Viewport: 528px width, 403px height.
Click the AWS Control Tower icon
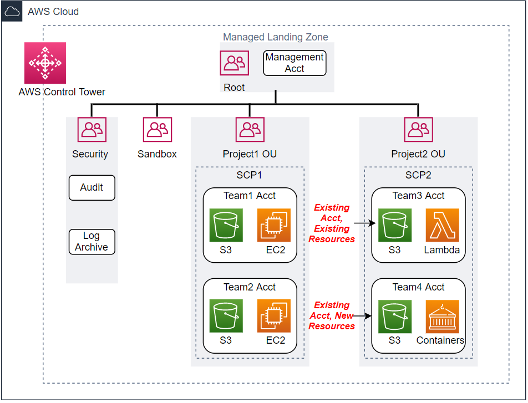pos(45,63)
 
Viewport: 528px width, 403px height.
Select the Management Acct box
pos(295,63)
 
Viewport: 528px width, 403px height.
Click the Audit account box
pos(92,187)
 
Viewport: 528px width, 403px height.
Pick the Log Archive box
pos(92,242)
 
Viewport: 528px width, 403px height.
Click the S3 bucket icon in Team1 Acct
pos(226,225)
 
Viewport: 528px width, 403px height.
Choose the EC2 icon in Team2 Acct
pos(274,316)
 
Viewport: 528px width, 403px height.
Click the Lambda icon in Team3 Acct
pos(442,225)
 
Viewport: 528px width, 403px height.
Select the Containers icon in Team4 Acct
pos(442,316)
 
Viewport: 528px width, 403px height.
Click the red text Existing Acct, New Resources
pos(332,315)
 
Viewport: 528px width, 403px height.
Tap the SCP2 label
pos(418,175)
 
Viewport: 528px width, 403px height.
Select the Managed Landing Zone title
pos(275,37)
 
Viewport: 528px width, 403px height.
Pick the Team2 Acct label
pos(250,287)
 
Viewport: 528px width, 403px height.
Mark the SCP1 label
pos(249,175)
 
